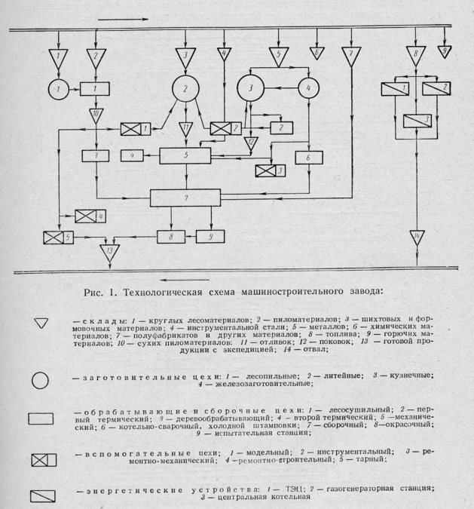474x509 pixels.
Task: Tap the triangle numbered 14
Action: click(x=416, y=240)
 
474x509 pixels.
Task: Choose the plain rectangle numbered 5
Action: click(x=185, y=155)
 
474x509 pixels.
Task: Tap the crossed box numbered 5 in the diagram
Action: click(x=58, y=238)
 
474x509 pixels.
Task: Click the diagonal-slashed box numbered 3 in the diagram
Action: click(x=416, y=121)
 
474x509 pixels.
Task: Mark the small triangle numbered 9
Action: click(x=445, y=51)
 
